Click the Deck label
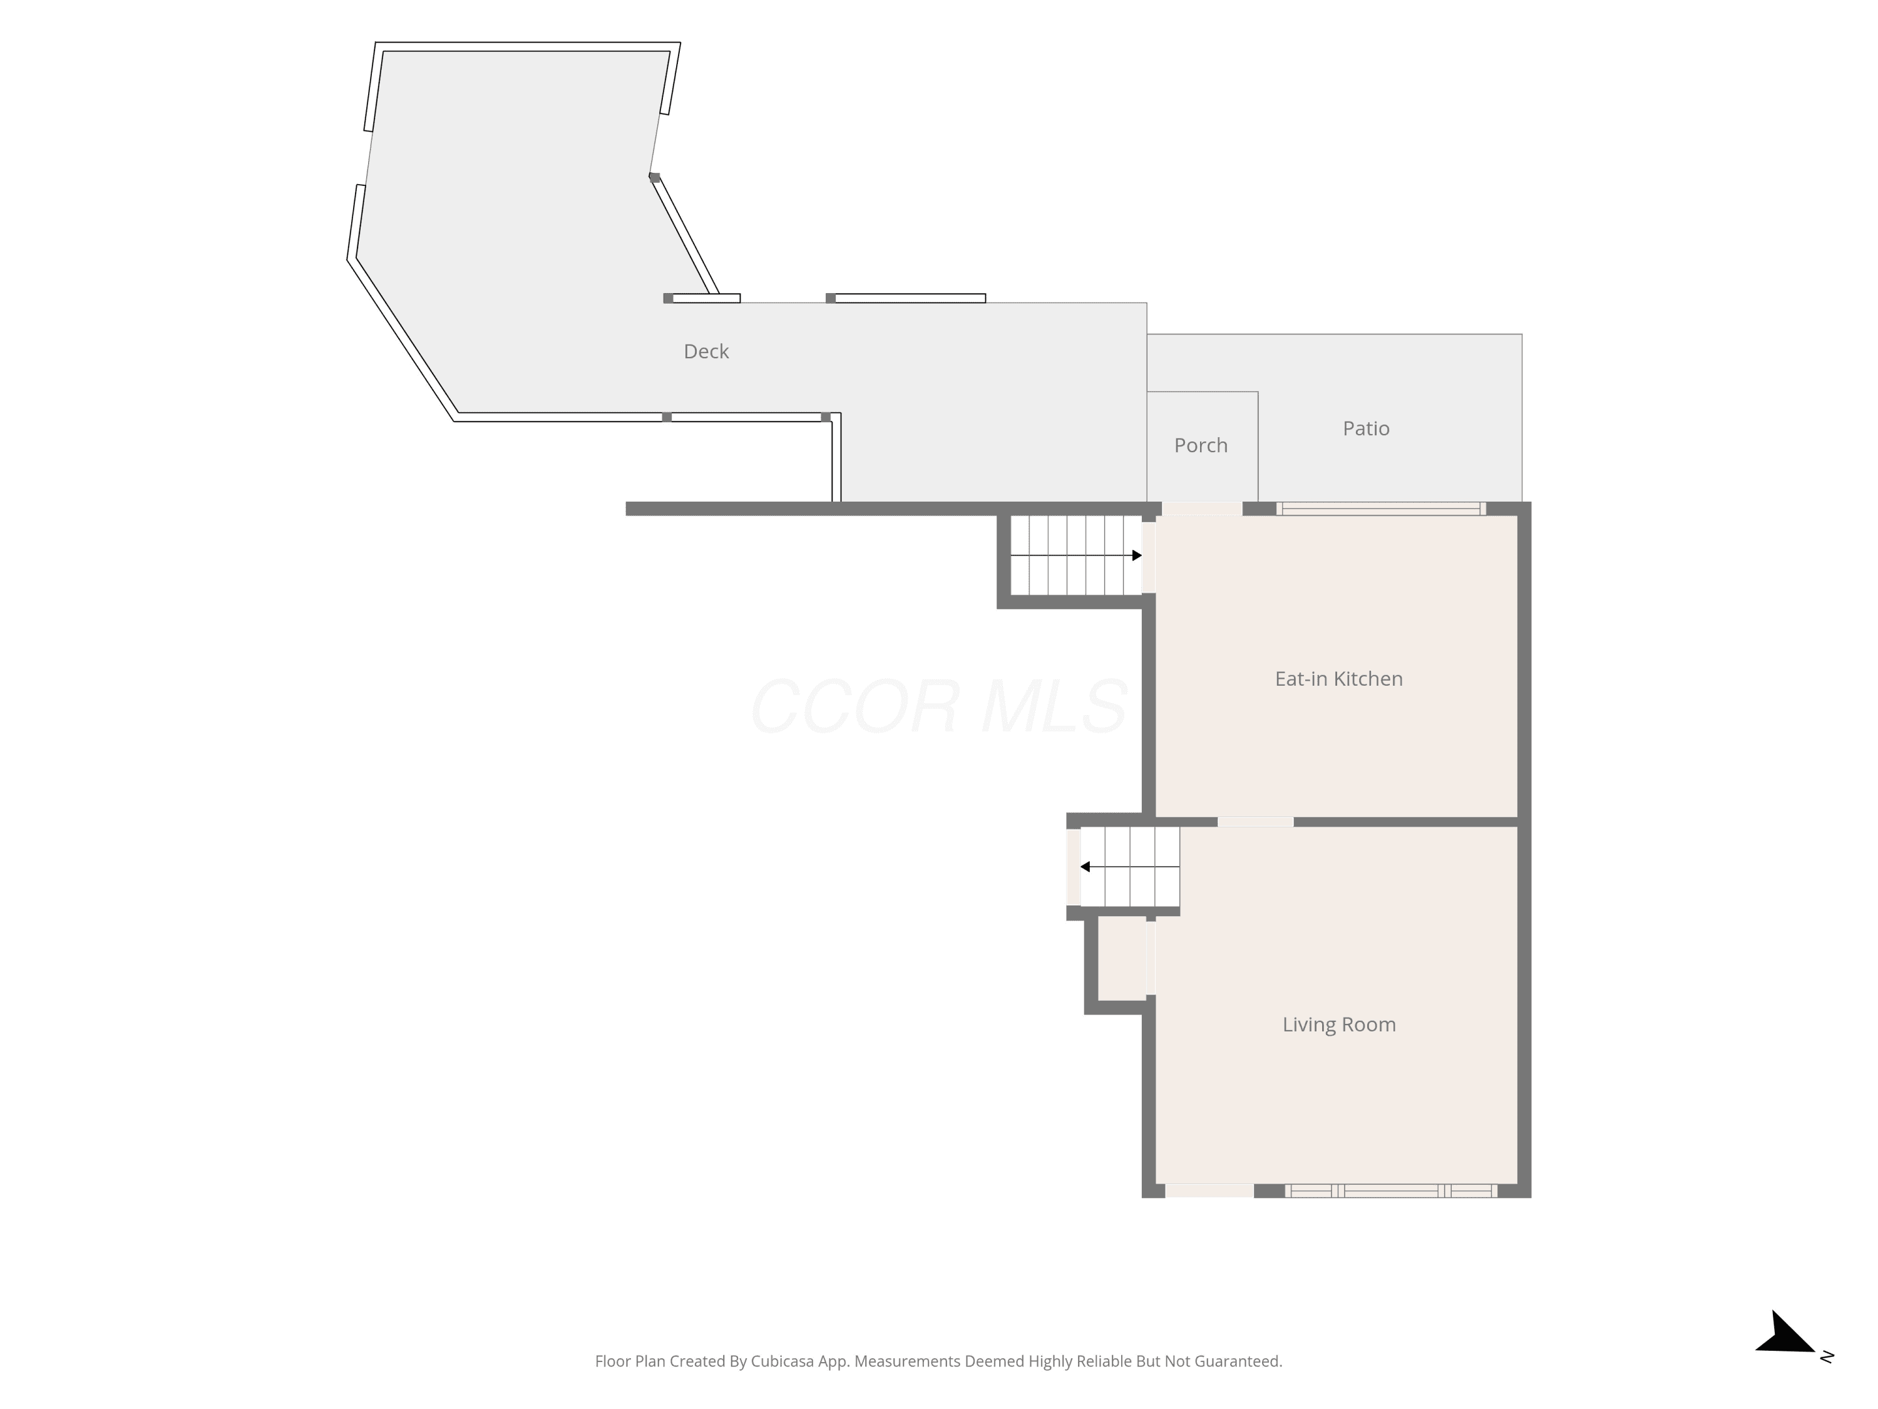[x=706, y=351]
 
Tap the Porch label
[x=1201, y=445]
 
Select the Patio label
[x=1366, y=428]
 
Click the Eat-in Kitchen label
[x=1339, y=679]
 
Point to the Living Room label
[x=1339, y=1024]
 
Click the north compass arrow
[x=1787, y=1333]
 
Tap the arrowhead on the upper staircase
[x=1137, y=555]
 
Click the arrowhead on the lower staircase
[x=1085, y=866]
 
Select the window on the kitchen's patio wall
[x=1382, y=508]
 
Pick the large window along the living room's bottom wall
[x=1391, y=1190]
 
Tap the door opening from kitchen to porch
[x=1202, y=508]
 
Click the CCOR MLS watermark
[x=939, y=706]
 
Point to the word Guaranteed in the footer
[x=1239, y=1361]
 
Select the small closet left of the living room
[x=1122, y=959]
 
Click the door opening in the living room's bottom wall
[x=1210, y=1190]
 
